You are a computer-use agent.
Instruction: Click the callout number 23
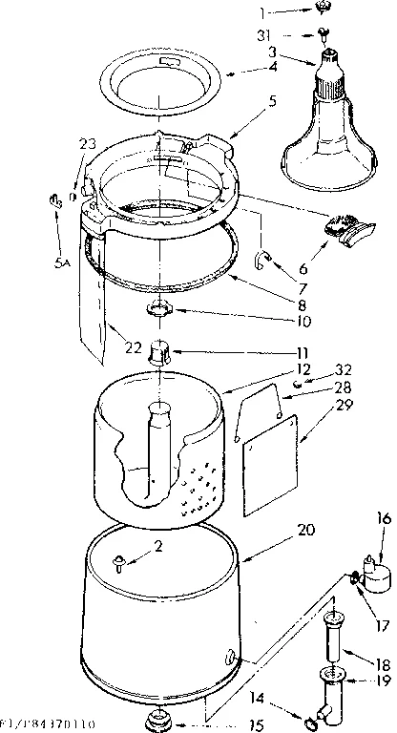click(88, 144)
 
